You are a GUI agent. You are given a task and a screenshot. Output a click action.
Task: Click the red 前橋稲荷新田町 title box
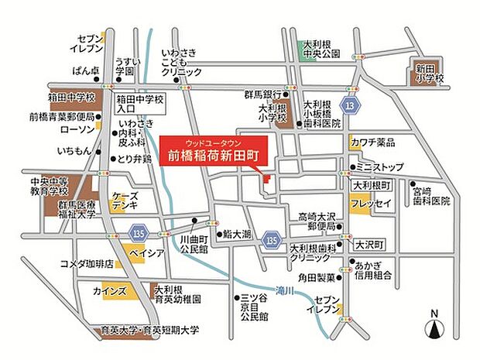coord(214,150)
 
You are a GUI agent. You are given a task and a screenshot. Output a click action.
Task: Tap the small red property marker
coord(266,179)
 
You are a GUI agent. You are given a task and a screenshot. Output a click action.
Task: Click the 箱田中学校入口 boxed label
coord(139,105)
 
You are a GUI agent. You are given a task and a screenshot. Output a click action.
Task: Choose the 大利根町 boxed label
coord(372,186)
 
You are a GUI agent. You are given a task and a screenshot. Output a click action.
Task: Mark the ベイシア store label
coord(146,253)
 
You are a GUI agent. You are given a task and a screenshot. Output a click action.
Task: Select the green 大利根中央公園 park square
coord(304,49)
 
